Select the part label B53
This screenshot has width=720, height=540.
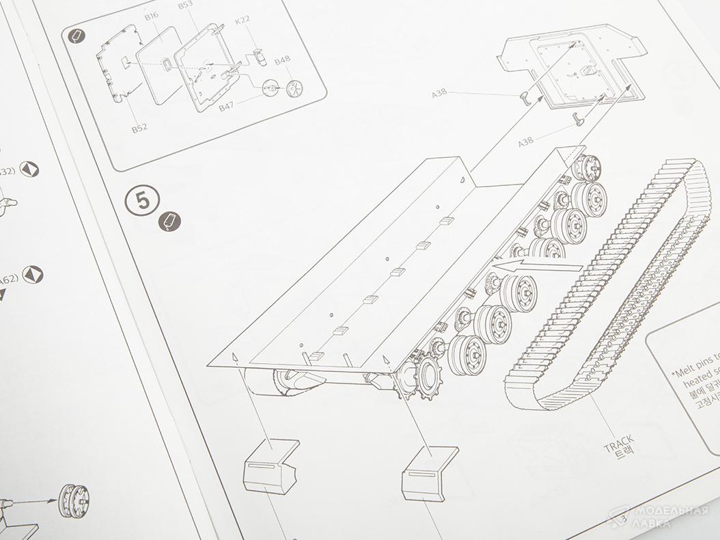pos(185,5)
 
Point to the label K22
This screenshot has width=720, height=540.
pos(242,20)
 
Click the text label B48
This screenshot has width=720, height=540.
pos(283,62)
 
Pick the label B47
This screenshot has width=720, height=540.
pos(227,107)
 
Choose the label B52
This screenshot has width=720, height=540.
pos(140,127)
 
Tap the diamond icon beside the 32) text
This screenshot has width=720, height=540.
pos(29,170)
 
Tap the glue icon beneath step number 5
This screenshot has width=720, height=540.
pos(170,221)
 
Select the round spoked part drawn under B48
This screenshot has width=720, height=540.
pos(295,87)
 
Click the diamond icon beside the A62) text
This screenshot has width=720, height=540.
pos(32,275)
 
